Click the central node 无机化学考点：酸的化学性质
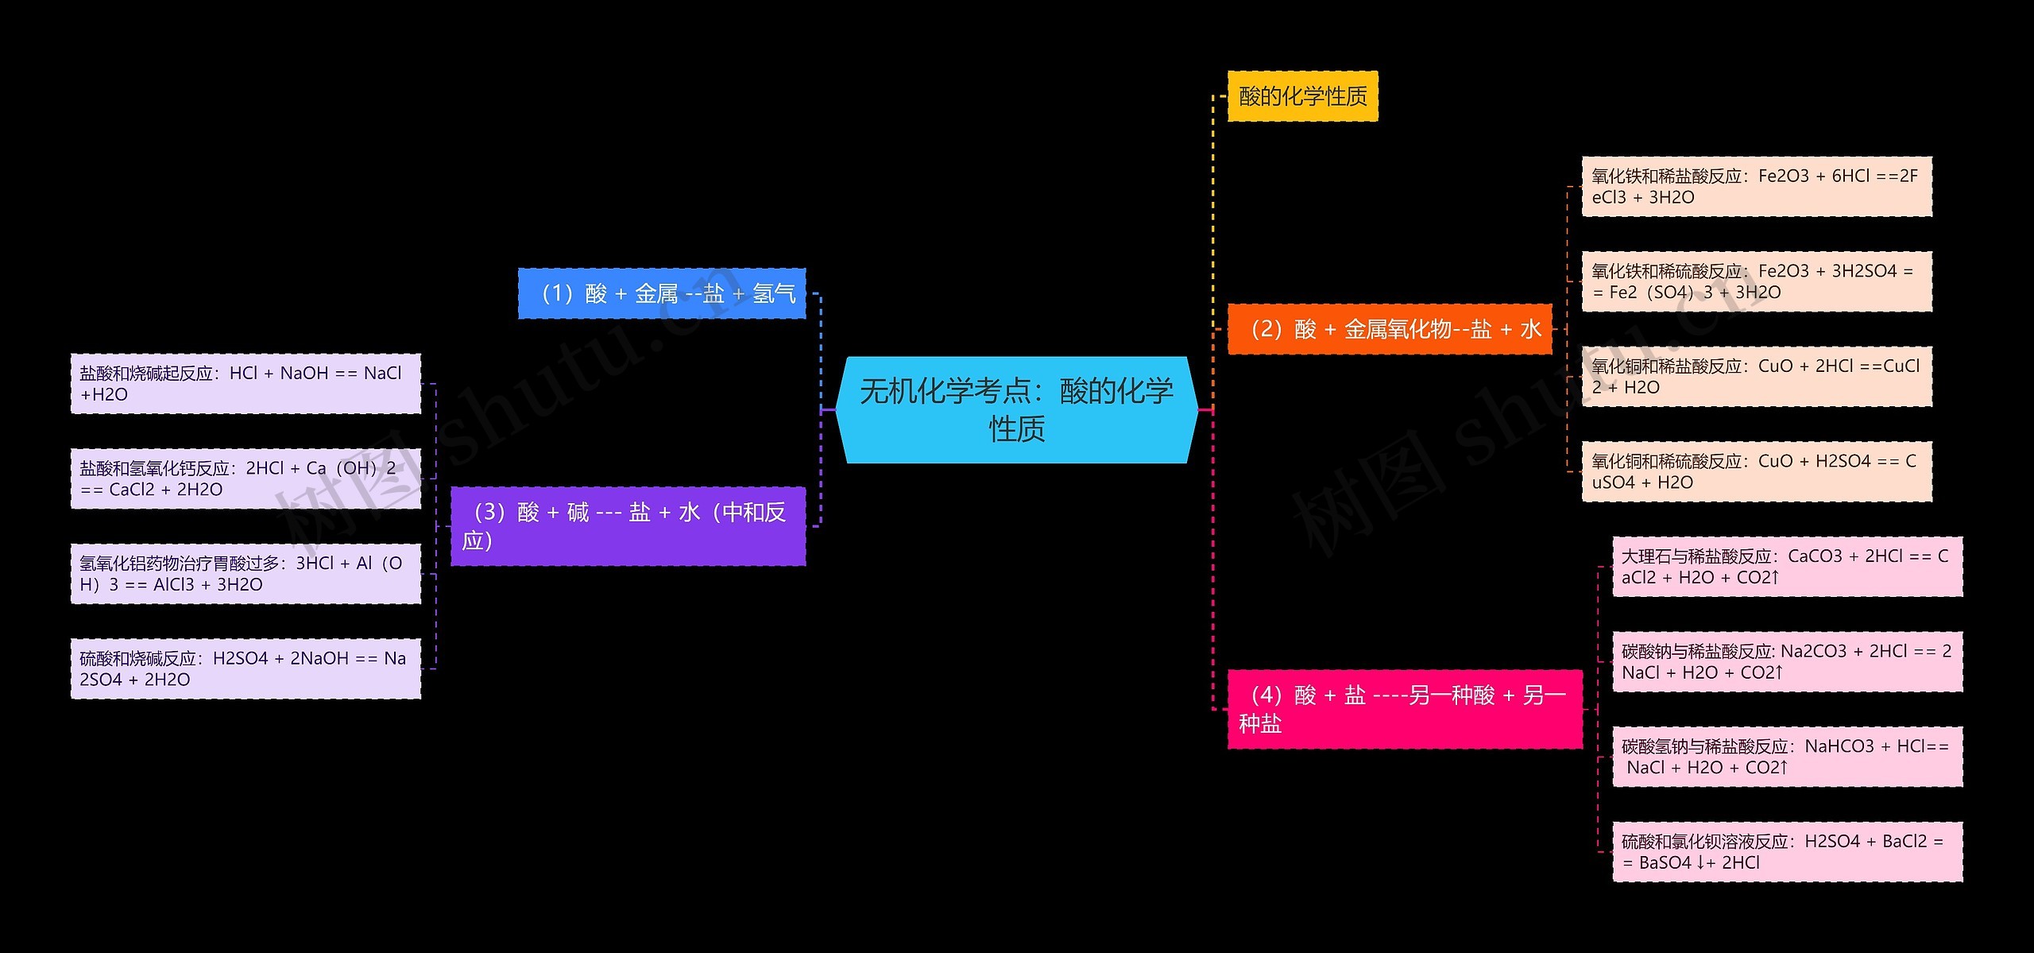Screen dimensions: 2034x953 pyautogui.click(x=1017, y=409)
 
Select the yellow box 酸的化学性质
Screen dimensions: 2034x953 pyautogui.click(x=1303, y=96)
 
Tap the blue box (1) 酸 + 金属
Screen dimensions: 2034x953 pyautogui.click(x=662, y=293)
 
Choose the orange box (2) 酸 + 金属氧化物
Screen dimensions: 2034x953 pyautogui.click(x=1390, y=328)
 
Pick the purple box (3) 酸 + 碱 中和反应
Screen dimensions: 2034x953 pyautogui.click(x=628, y=526)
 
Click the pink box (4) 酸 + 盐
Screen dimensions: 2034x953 pyautogui.click(x=1405, y=709)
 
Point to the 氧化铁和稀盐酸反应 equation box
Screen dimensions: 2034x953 pyautogui.click(x=1757, y=187)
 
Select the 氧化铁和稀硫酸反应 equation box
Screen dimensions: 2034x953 pyautogui.click(x=1757, y=281)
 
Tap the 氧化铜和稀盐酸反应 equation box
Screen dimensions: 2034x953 pyautogui.click(x=1757, y=377)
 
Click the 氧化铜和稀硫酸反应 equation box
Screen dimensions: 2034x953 pyautogui.click(x=1757, y=471)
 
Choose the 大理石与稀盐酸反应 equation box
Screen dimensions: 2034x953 pyautogui.click(x=1788, y=567)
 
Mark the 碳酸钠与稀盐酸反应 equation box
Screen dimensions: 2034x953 pyautogui.click(x=1788, y=661)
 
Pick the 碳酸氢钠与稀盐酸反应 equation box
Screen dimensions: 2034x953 pyautogui.click(x=1788, y=757)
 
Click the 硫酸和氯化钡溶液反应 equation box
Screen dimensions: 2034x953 pyautogui.click(x=1788, y=852)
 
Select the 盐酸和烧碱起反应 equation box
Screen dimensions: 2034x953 pyautogui.click(x=246, y=384)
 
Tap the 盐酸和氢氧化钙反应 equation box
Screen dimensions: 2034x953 pyautogui.click(x=246, y=478)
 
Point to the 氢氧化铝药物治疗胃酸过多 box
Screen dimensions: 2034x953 pyautogui.click(x=246, y=574)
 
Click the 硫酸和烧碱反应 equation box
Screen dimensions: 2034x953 pyautogui.click(x=246, y=668)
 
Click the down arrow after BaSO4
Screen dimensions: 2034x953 pyautogui.click(x=1700, y=863)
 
